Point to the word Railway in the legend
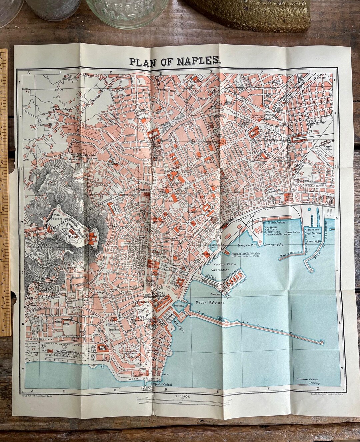pyautogui.click(x=314, y=379)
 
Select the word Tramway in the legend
pyautogui.click(x=314, y=383)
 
